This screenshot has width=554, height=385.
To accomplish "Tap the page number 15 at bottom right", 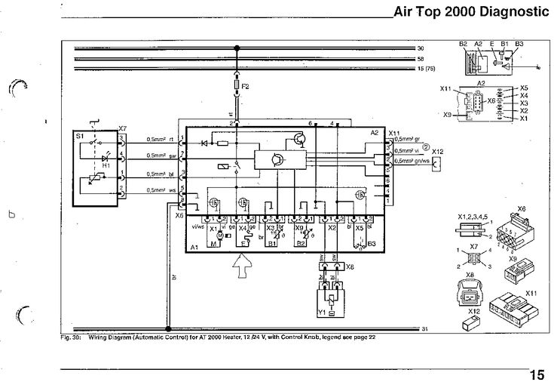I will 536,374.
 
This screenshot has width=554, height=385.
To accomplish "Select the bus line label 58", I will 421,58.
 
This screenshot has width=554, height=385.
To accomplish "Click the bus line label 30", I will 421,48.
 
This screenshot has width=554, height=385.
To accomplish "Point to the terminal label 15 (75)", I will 427,68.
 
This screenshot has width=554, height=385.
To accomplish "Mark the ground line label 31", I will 424,329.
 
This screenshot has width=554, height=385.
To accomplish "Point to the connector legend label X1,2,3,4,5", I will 472,217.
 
